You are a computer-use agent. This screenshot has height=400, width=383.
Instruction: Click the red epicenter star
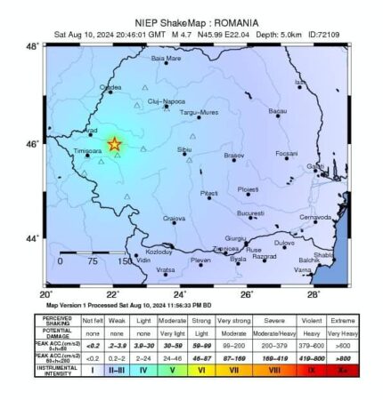[x=114, y=144]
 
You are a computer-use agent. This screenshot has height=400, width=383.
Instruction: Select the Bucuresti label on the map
[x=250, y=213]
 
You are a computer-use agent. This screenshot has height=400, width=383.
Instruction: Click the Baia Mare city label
[x=166, y=59]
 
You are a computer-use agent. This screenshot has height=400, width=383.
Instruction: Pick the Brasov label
[x=233, y=156]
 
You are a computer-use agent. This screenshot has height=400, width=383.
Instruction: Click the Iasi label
[x=300, y=82]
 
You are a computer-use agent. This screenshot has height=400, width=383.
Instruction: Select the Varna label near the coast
[x=303, y=268]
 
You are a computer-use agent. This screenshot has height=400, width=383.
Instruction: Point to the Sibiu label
[x=184, y=149]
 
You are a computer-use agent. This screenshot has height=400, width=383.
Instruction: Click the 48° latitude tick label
[x=31, y=46]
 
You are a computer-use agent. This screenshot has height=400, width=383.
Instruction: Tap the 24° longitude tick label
[x=180, y=294]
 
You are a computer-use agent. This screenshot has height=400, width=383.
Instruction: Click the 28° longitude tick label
[x=314, y=294]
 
